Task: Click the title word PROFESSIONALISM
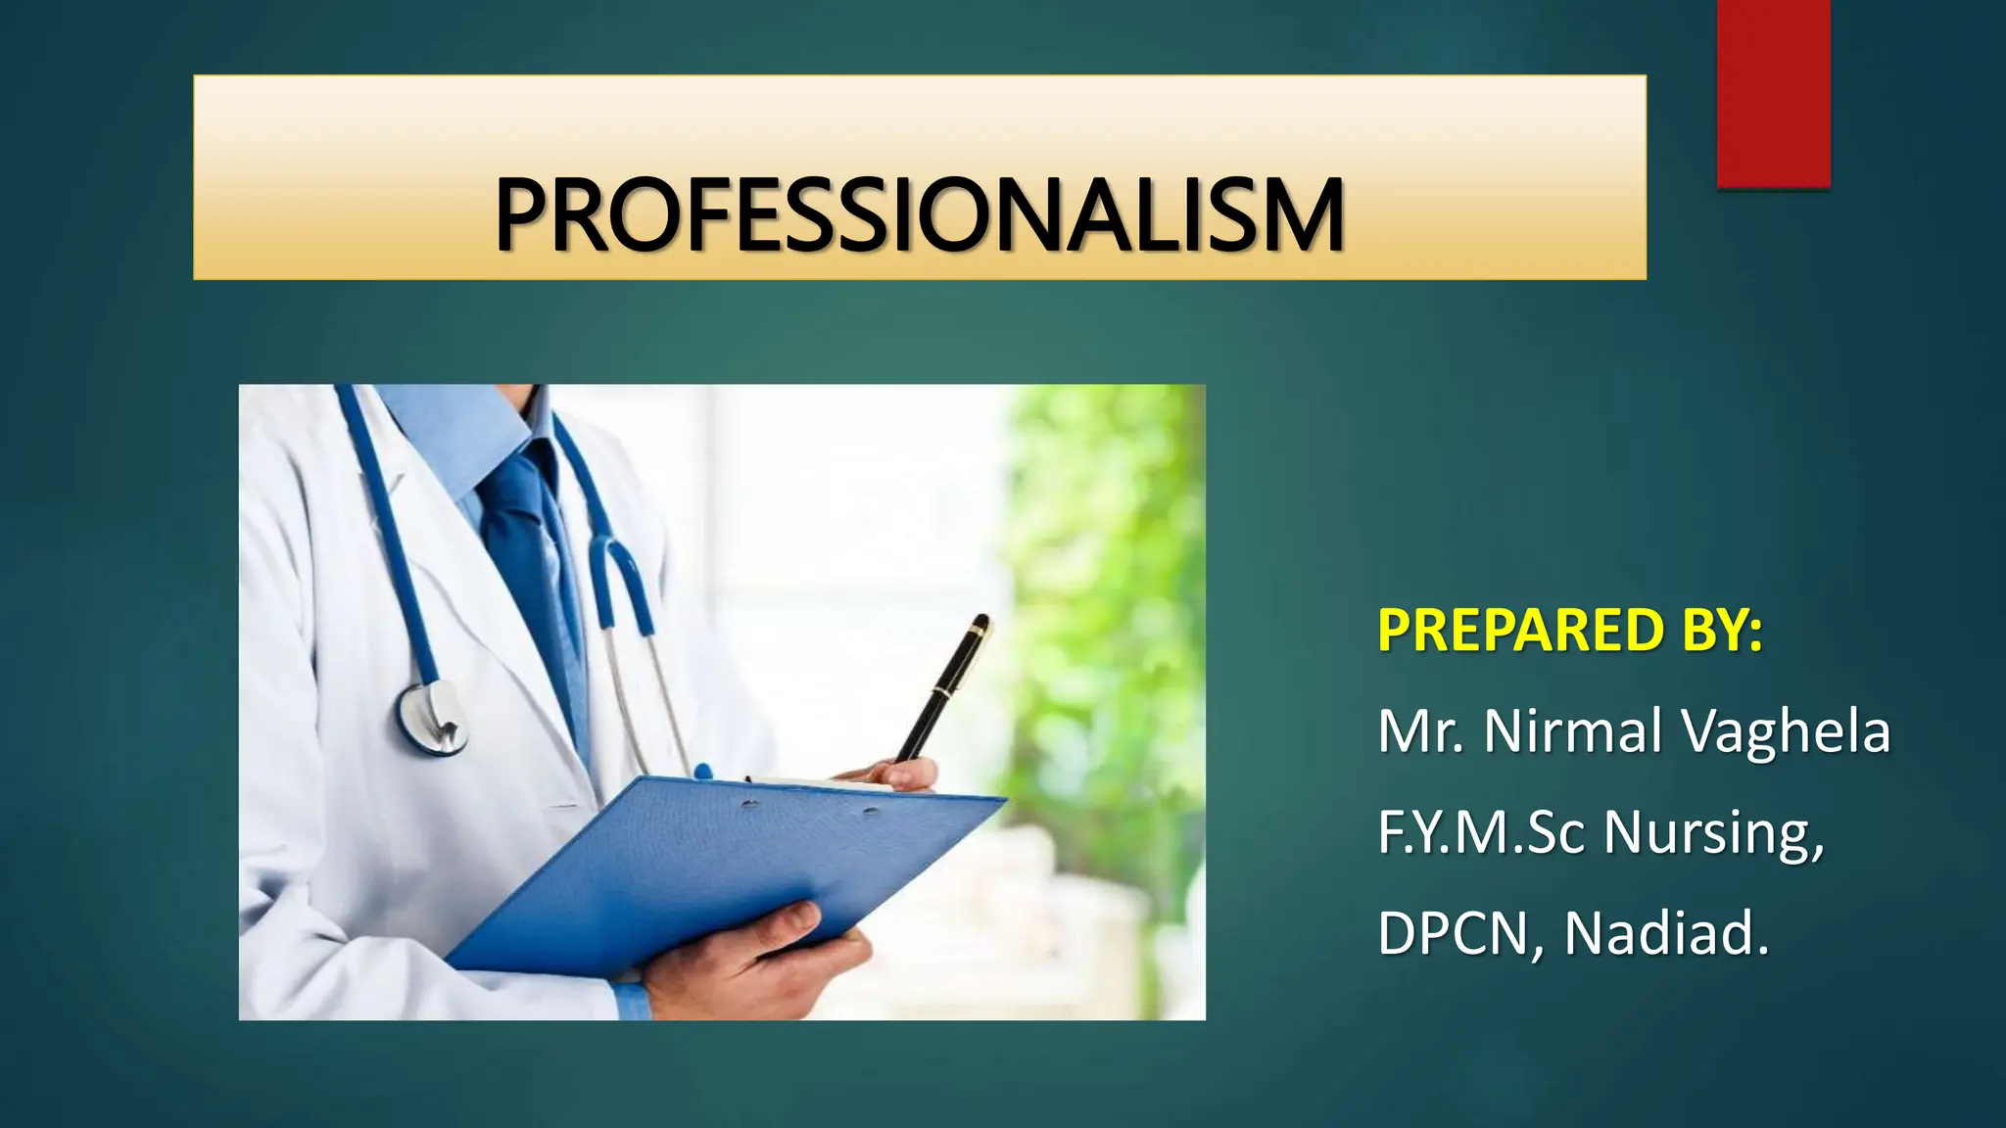coord(919,214)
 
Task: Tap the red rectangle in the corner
coord(1773,93)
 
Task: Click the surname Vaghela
coord(1785,731)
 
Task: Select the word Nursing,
coord(1714,834)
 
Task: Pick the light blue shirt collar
coord(446,431)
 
